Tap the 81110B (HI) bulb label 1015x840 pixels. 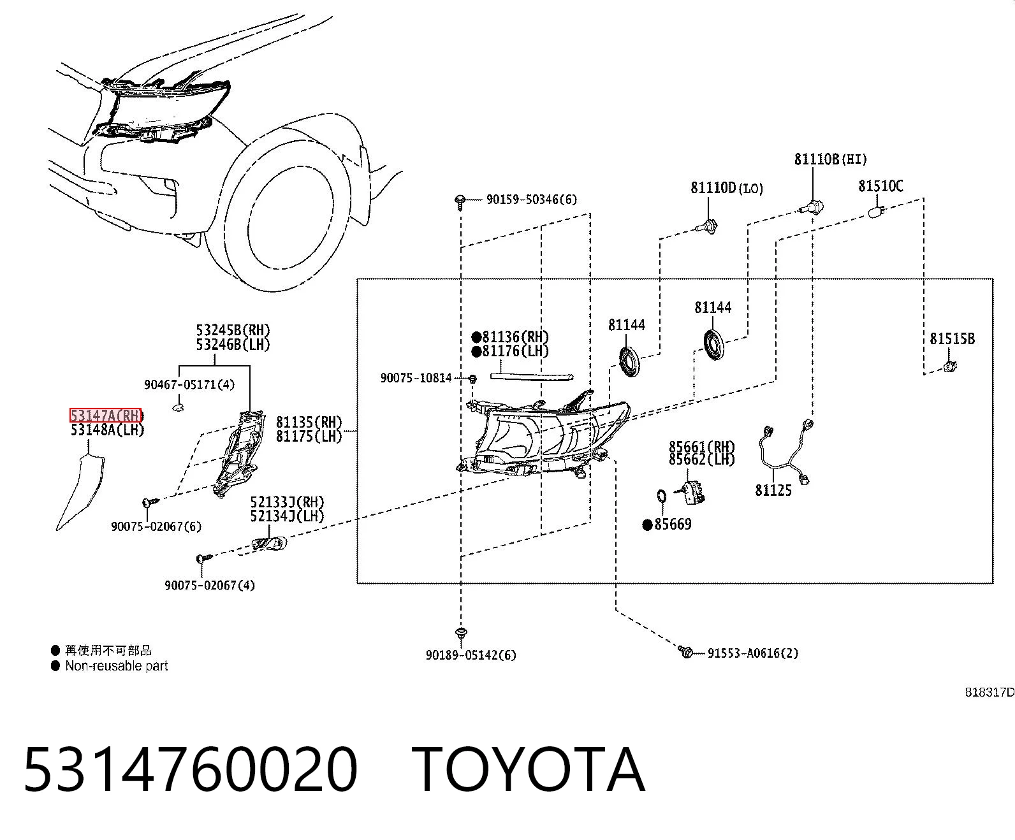tap(830, 159)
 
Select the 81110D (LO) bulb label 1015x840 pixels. tap(727, 187)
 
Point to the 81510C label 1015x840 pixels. tap(880, 185)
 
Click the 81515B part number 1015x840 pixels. tap(952, 338)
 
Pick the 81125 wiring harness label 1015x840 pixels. tap(773, 490)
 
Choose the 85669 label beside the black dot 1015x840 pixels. tap(673, 524)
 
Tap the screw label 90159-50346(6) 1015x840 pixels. tap(531, 199)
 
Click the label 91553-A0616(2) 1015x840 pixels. tap(753, 653)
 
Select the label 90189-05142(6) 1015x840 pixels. tap(471, 655)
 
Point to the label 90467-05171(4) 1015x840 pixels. tap(189, 384)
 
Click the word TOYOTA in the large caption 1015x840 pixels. tap(529, 769)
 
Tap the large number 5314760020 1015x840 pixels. tap(191, 769)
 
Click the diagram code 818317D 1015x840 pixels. tap(989, 692)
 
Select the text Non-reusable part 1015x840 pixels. tap(117, 665)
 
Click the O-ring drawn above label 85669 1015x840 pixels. tap(662, 496)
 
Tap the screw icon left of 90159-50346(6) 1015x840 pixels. tap(460, 202)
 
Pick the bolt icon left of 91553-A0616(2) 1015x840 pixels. tap(685, 651)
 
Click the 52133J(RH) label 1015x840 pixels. tap(287, 502)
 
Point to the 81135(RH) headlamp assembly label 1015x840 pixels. tap(309, 422)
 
